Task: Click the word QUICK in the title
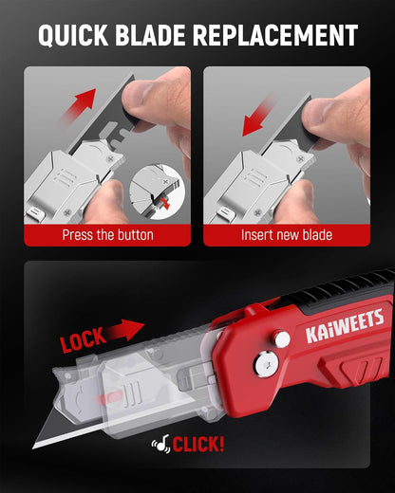[73, 35]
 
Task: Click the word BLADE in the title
[150, 34]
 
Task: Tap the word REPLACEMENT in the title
[275, 34]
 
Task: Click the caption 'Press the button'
[107, 235]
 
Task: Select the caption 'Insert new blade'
[287, 235]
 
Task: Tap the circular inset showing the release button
[157, 192]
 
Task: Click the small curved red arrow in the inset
[165, 204]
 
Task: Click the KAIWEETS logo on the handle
[345, 326]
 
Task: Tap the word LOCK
[83, 339]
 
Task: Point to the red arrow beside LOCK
[125, 329]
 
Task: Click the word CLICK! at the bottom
[198, 444]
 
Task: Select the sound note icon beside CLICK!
[161, 444]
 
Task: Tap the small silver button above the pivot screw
[282, 338]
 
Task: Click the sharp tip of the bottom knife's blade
[33, 448]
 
